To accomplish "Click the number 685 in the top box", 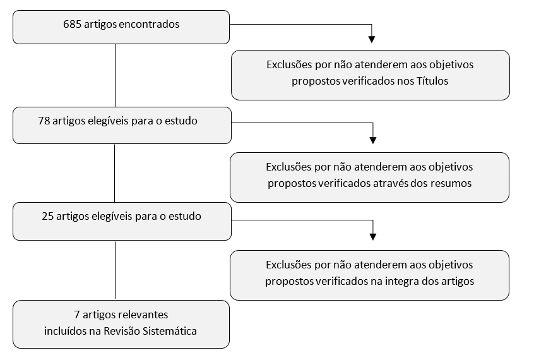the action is [72, 24].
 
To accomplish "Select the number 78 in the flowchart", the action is [44, 121].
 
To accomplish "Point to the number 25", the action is [48, 216].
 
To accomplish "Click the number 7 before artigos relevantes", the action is [77, 315].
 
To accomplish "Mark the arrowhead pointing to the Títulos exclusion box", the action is [372, 39].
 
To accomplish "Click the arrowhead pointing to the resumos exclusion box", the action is [373, 140].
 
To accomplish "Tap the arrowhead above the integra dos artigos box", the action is [373, 236].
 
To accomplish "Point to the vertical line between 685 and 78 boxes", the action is [115, 76].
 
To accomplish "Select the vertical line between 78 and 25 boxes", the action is [115, 173].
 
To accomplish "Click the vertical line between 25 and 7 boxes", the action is [115, 270].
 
